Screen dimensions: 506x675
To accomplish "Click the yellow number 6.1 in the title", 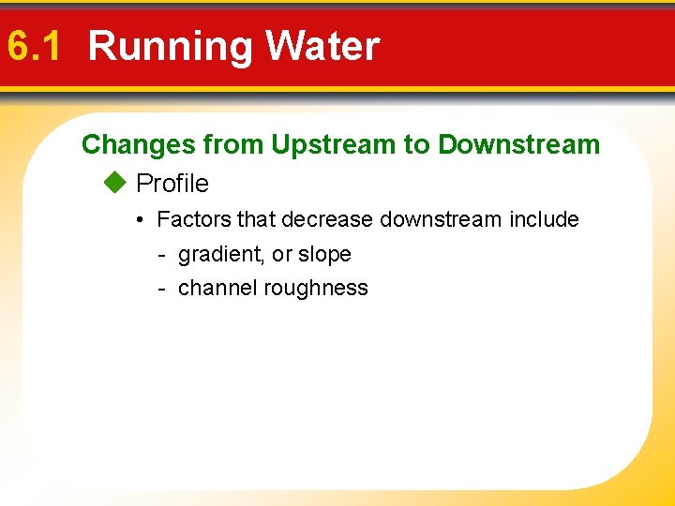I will (34, 46).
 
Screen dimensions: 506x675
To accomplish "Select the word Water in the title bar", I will (322, 46).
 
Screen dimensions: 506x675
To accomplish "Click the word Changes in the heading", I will (139, 144).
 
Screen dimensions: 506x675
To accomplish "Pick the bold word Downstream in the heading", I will (518, 144).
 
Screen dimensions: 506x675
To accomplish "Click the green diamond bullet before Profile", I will (113, 183).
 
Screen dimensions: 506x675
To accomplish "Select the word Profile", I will (172, 183).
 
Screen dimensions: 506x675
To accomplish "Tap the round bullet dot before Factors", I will (137, 220).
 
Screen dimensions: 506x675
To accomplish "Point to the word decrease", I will (327, 219).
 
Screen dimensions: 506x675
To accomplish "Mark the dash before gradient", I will (161, 255).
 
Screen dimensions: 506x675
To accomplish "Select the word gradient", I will (216, 255).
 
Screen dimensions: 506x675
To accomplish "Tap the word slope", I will (324, 255).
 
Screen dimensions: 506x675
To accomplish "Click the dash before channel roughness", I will (161, 289).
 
